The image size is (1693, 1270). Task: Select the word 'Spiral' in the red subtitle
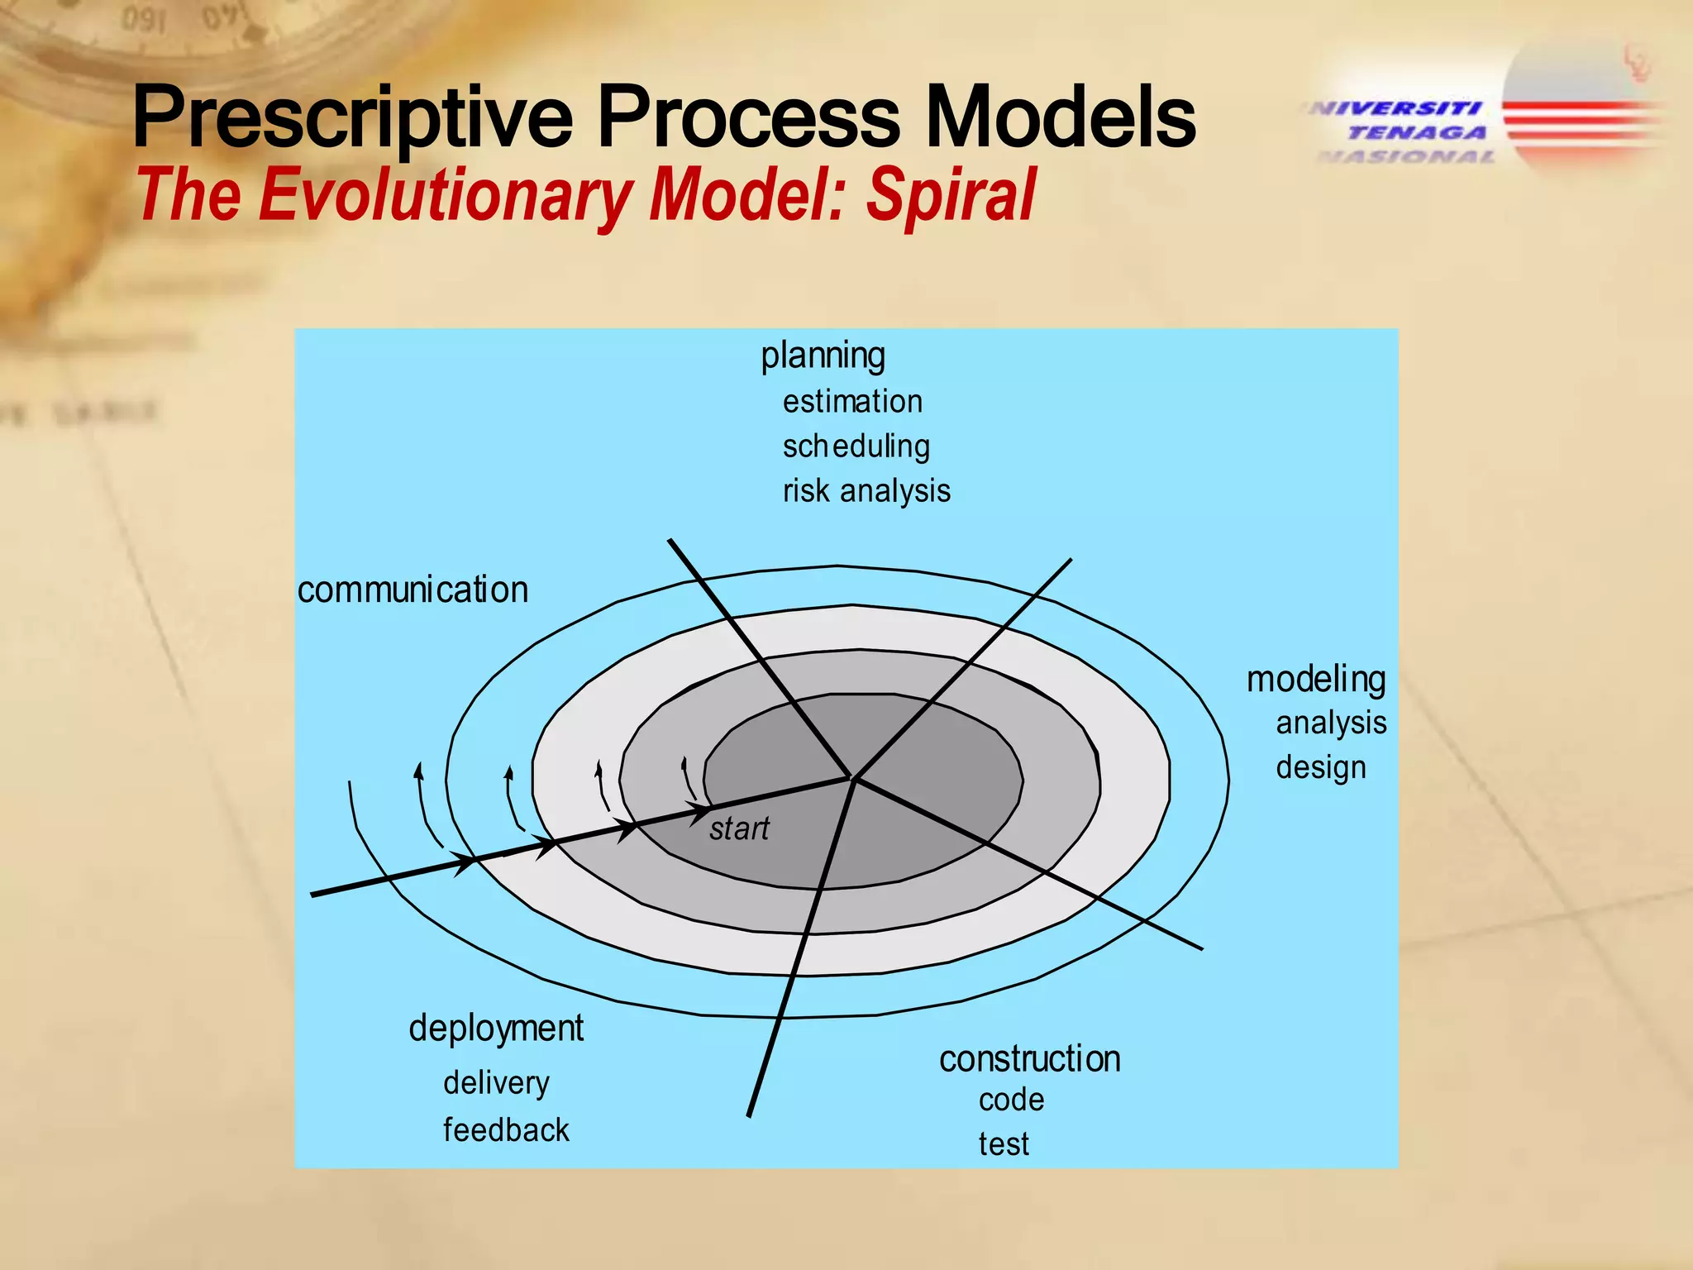point(951,195)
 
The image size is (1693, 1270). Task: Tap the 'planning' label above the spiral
point(823,356)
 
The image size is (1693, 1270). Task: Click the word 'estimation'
point(852,402)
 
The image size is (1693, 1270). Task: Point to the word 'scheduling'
point(856,446)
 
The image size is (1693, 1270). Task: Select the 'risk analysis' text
point(866,491)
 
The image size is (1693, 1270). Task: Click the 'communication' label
point(413,590)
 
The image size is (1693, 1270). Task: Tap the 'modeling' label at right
point(1316,679)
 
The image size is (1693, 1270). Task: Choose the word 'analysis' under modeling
point(1331,723)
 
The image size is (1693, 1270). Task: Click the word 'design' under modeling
point(1321,767)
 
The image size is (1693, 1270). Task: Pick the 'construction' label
point(1029,1059)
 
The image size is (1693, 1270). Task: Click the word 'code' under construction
point(1011,1101)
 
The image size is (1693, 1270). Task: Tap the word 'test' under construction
point(1004,1145)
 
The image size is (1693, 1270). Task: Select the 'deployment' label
point(496,1029)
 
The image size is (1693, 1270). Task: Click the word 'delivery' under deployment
point(496,1083)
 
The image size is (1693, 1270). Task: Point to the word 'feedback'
point(506,1130)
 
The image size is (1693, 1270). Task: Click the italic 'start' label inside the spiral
point(739,828)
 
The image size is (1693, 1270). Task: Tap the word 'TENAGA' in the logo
point(1418,132)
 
